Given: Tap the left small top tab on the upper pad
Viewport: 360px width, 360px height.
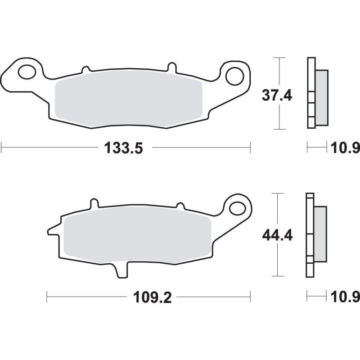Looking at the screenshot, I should pyautogui.click(x=84, y=69).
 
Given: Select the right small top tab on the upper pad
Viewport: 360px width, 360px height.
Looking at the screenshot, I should pyautogui.click(x=171, y=67).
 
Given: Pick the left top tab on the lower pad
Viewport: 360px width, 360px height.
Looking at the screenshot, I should pyautogui.click(x=94, y=203).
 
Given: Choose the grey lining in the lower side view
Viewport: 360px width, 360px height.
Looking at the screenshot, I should pyautogui.click(x=320, y=234).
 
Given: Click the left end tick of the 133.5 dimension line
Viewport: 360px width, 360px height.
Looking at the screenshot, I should pyautogui.click(x=2, y=147).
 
